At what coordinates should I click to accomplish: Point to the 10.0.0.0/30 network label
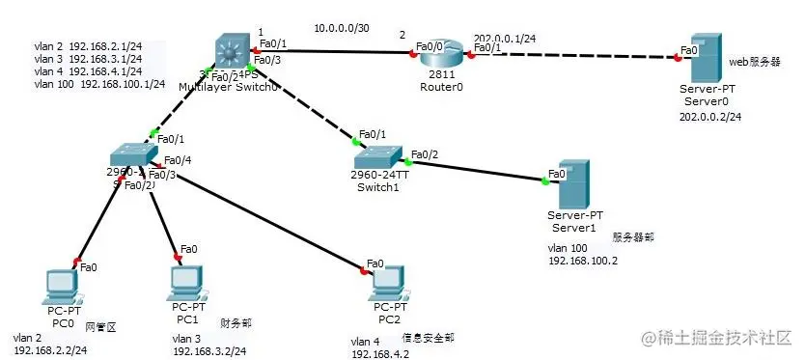(345, 28)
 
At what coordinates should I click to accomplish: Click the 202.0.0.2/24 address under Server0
(710, 116)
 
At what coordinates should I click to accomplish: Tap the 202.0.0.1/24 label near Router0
(504, 38)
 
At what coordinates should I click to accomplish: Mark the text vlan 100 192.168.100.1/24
(98, 84)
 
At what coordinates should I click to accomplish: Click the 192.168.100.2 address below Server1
(582, 261)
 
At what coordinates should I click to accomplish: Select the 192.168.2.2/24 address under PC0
(50, 351)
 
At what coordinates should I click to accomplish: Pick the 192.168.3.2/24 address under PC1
(209, 351)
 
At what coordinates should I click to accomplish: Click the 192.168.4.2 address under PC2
(378, 354)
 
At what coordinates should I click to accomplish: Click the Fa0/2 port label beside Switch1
(425, 154)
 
